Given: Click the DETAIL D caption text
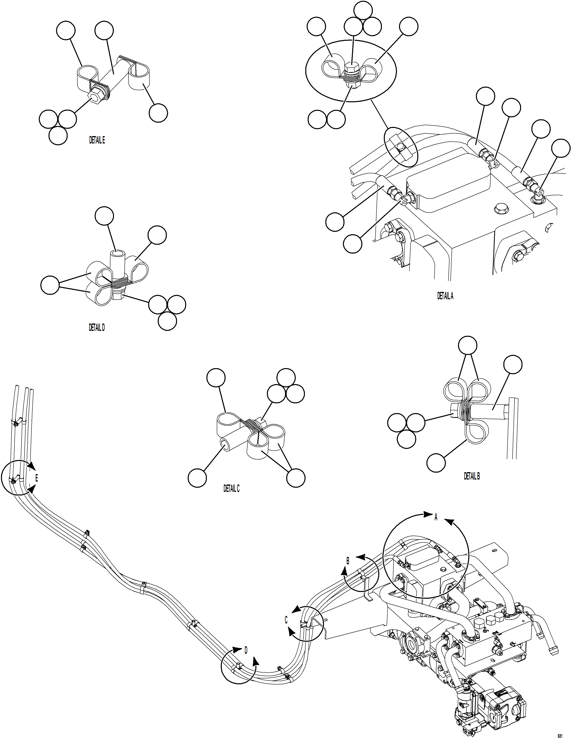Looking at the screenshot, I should tap(97, 328).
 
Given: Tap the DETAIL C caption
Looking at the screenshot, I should tap(231, 489).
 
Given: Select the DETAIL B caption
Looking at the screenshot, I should tap(472, 476).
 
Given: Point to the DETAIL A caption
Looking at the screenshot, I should tap(445, 296).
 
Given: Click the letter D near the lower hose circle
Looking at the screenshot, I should tap(246, 650).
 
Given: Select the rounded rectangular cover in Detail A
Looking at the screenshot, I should tap(448, 183).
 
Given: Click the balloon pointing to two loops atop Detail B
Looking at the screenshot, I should tap(468, 345).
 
